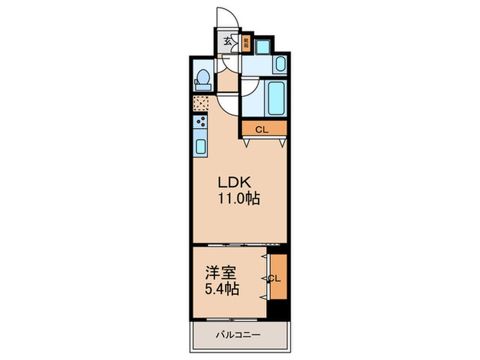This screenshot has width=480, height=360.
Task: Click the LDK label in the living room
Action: point(237,183)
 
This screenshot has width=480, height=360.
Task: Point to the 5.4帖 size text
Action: point(219,289)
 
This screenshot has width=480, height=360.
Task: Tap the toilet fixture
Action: point(203,80)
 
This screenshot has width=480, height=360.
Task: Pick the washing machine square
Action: point(263,46)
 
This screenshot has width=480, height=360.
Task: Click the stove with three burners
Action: point(202,123)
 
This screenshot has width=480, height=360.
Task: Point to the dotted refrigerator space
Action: point(202,103)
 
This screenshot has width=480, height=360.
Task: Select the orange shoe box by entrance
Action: point(245,43)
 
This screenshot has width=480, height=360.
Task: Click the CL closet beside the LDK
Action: point(263,129)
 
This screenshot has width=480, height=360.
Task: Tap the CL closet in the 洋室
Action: point(276,278)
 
